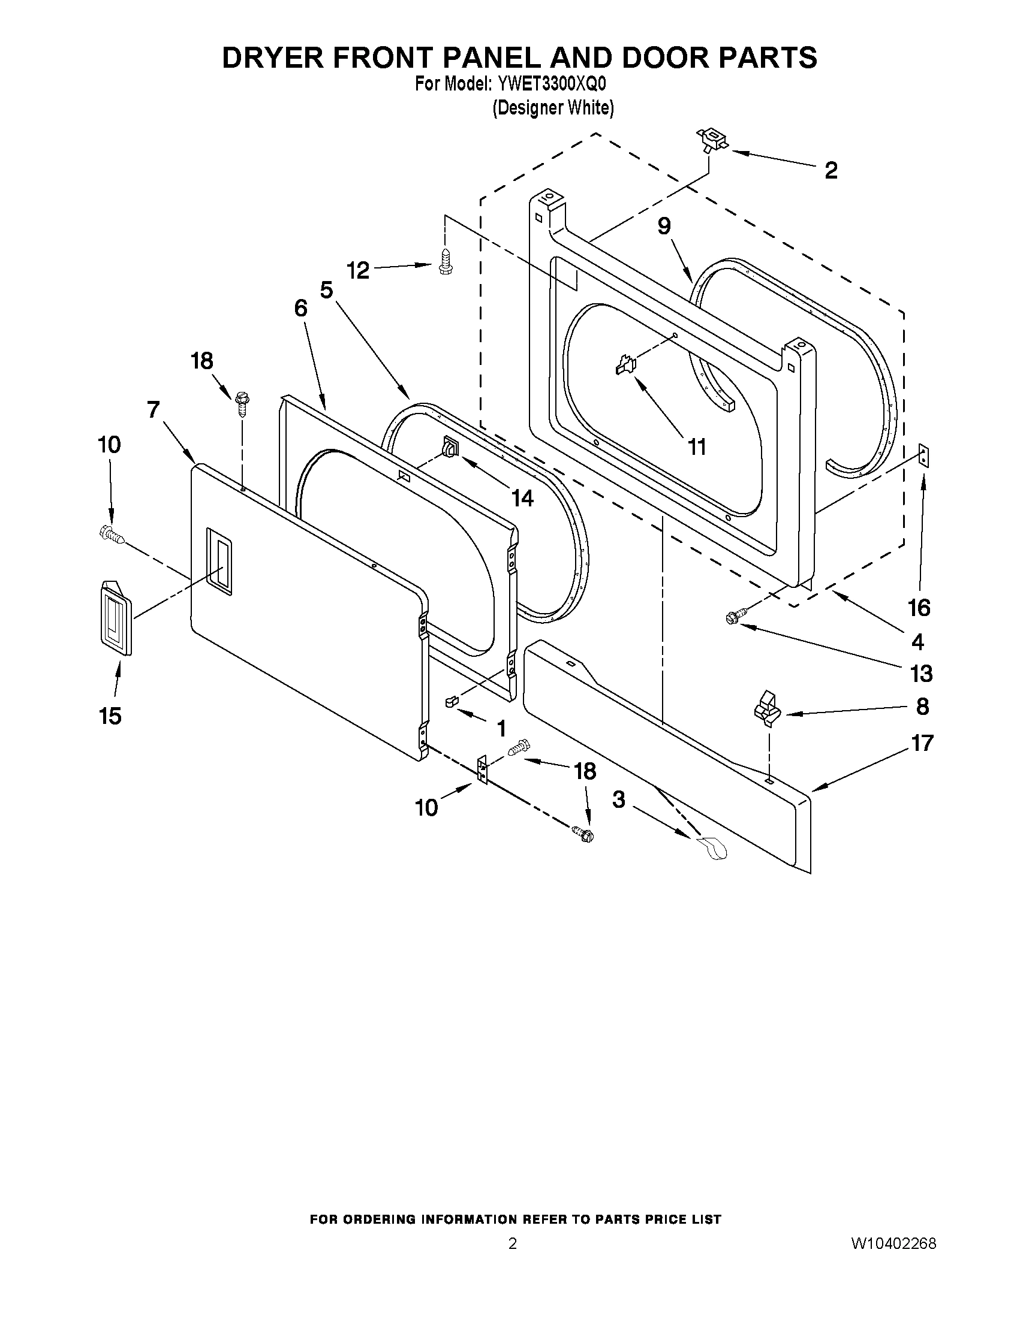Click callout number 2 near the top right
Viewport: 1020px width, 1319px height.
831,171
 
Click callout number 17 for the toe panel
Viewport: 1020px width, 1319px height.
922,742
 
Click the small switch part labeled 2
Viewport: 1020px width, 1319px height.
713,140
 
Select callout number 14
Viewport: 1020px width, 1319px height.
522,497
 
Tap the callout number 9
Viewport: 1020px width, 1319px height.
664,226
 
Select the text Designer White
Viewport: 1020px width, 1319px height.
553,108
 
